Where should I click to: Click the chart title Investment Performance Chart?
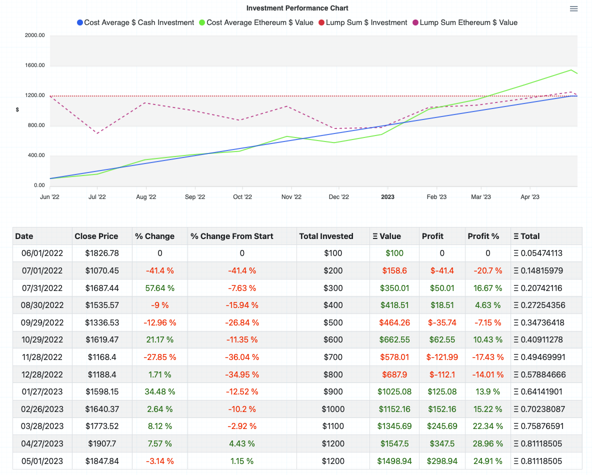[297, 8]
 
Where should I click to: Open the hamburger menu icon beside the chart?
[573, 9]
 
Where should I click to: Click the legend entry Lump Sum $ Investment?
[362, 22]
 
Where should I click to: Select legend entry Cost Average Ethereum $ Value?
[255, 22]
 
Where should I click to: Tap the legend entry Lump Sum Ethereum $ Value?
[464, 22]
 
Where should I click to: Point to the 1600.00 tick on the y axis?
[34, 65]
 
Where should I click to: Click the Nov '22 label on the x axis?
[291, 197]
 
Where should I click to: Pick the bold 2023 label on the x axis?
[387, 197]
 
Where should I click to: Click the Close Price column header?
[96, 236]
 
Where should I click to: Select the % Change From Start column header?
[232, 236]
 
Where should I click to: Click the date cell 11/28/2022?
[42, 357]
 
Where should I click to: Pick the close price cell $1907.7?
[102, 443]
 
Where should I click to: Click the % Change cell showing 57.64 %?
[159, 288]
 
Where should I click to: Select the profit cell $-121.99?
[442, 357]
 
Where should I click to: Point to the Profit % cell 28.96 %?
[487, 443]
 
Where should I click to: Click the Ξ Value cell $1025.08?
[394, 391]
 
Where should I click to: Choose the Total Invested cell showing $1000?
[333, 409]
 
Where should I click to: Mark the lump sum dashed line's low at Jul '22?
[97, 133]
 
